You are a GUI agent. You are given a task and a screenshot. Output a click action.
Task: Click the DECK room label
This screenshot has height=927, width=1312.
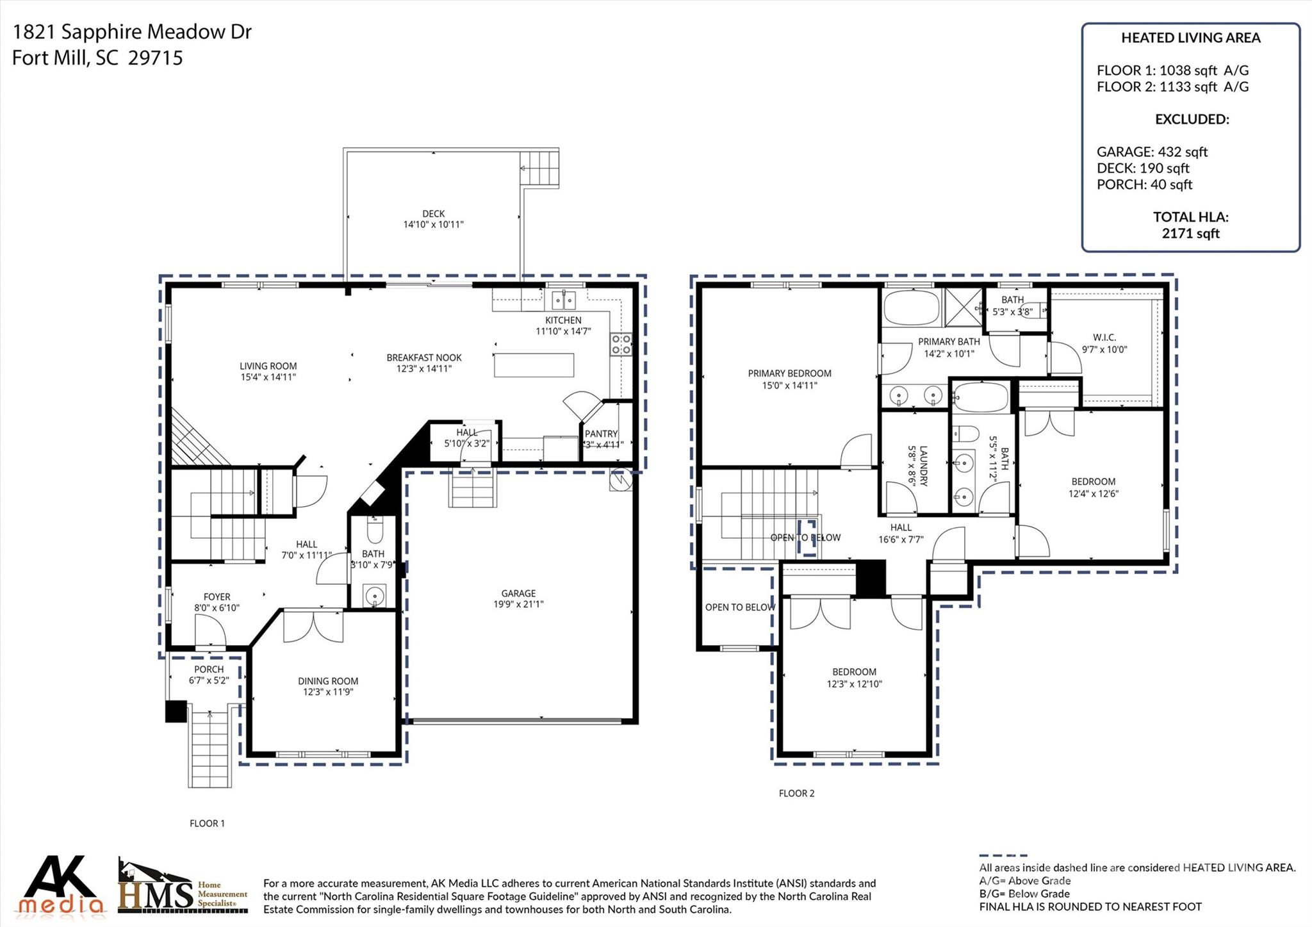[x=433, y=213]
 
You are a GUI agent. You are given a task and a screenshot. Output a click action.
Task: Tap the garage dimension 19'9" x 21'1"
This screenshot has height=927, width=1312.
[x=518, y=603]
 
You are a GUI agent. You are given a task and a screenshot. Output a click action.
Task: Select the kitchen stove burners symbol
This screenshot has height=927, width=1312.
[x=621, y=344]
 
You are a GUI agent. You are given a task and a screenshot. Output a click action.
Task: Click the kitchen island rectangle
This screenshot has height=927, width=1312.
[x=534, y=365]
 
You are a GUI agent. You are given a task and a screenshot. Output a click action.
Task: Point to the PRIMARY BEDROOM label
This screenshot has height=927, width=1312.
[x=789, y=373]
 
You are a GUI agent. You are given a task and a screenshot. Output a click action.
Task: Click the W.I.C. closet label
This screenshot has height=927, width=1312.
[x=1104, y=338]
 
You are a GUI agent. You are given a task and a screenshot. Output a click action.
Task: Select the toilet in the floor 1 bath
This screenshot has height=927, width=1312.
[x=375, y=530]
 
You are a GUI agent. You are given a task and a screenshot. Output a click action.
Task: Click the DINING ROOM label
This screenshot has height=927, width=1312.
[x=327, y=681]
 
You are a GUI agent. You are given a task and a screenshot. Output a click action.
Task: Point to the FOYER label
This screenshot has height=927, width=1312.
[x=217, y=596]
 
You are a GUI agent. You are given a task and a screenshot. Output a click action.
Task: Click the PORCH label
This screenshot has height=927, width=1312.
[x=209, y=669]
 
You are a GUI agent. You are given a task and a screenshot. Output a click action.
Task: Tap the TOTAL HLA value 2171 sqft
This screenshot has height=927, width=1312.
[x=1190, y=233]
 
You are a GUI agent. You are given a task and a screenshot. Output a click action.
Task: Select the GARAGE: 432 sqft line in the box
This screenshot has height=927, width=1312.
[x=1151, y=152]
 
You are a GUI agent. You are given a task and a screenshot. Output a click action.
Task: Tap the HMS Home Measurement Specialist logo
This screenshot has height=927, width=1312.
[x=183, y=887]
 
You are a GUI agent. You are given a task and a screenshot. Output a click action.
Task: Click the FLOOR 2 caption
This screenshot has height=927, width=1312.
[x=796, y=793]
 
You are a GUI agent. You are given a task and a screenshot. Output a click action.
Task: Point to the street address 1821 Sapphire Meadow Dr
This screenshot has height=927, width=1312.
[x=132, y=31]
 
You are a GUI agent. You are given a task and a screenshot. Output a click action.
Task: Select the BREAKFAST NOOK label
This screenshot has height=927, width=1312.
[x=423, y=357]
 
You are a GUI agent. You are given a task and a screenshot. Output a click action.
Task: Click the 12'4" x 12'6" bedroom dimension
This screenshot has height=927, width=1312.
[x=1093, y=493]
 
